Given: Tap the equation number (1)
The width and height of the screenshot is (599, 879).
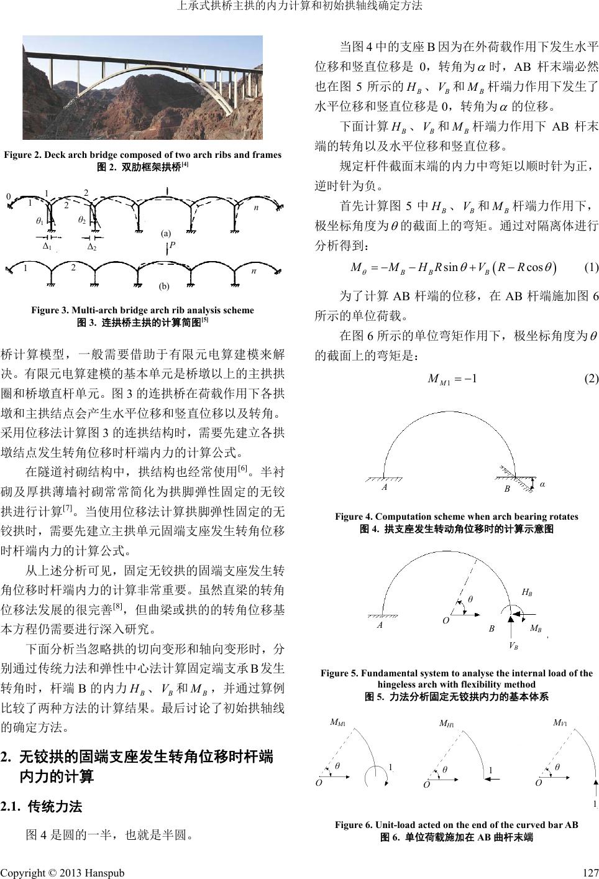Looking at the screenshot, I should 591,268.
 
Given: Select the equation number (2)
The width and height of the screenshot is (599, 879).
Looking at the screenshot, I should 591,378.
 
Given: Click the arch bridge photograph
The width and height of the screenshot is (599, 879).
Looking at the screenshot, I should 142,87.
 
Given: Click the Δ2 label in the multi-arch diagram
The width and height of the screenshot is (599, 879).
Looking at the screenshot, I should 91,247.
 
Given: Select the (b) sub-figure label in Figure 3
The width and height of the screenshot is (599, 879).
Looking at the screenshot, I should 164,287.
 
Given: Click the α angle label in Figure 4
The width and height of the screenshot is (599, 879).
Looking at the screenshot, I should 542,484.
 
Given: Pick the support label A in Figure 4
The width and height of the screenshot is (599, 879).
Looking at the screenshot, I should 385,488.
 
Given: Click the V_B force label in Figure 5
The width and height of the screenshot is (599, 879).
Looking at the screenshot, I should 513,645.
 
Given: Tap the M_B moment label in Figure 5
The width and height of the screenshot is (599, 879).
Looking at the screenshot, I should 535,628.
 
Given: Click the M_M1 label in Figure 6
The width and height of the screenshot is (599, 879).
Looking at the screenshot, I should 337,723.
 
